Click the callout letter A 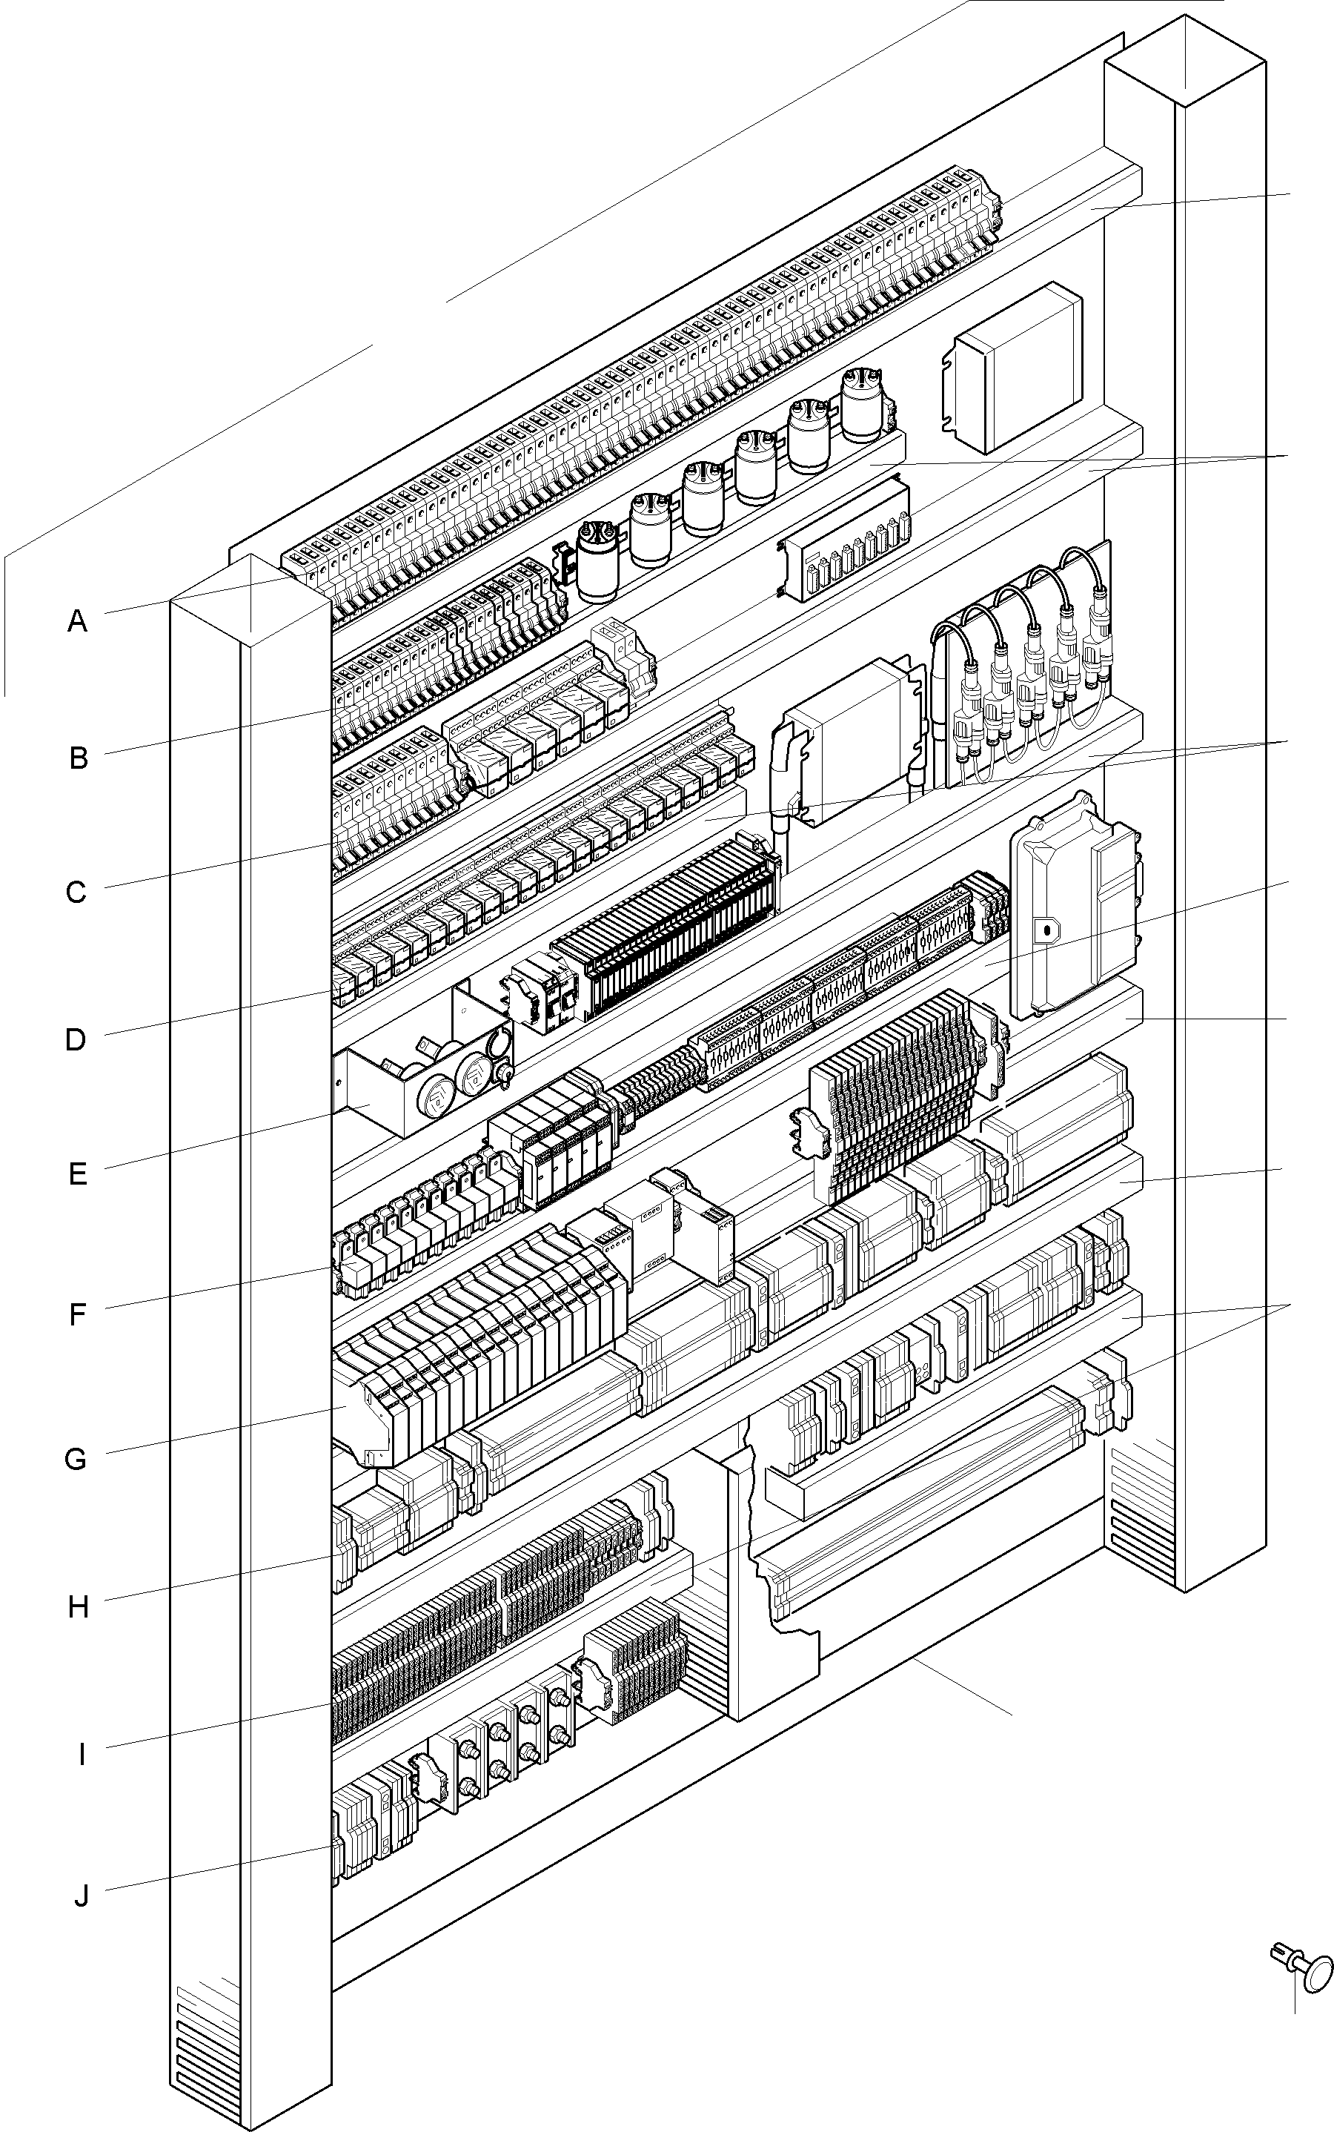pos(78,622)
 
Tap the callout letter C pos(77,893)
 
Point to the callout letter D pos(76,1040)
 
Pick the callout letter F pos(78,1315)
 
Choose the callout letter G pos(77,1460)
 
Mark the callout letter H pos(79,1608)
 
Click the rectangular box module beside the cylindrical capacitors pos(1015,367)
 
